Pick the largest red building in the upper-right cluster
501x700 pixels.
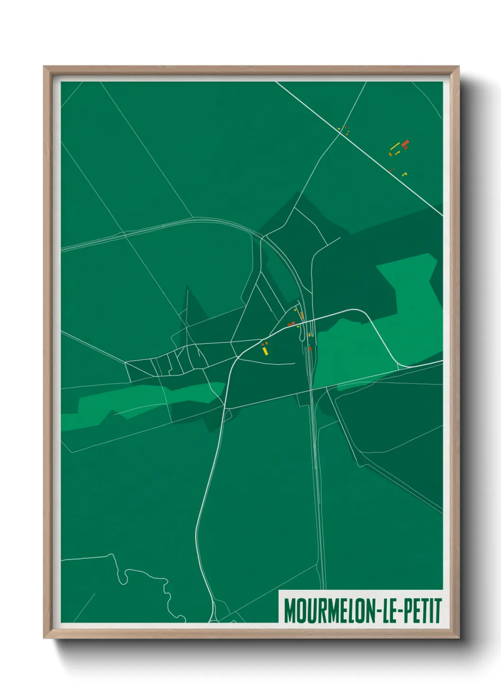click(405, 143)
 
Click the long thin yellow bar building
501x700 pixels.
click(394, 147)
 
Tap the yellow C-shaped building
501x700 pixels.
click(404, 174)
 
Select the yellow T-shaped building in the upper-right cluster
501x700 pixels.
click(397, 152)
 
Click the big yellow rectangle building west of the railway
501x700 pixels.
click(265, 351)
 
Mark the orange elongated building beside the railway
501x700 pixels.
click(301, 315)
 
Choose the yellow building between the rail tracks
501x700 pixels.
click(309, 335)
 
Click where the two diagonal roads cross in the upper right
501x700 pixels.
click(340, 133)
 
